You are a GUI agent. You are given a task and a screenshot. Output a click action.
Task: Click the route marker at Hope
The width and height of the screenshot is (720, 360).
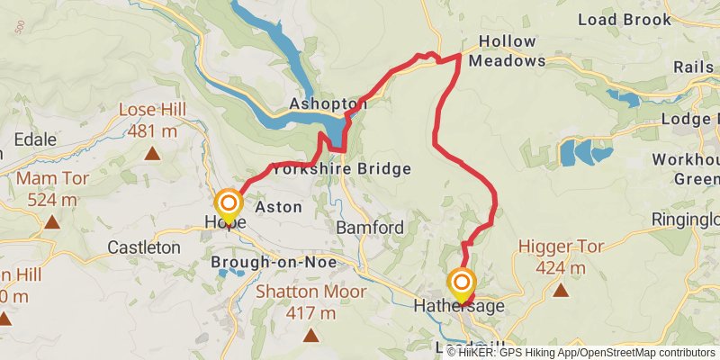pyautogui.click(x=229, y=203)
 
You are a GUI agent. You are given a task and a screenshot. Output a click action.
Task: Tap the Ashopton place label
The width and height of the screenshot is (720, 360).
pyautogui.click(x=328, y=105)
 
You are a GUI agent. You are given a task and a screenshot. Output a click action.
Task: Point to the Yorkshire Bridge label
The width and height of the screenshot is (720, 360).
pyautogui.click(x=341, y=168)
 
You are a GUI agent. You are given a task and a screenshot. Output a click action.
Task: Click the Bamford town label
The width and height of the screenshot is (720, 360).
pyautogui.click(x=370, y=228)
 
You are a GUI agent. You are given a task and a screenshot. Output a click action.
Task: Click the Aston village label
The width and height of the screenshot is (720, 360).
pyautogui.click(x=278, y=207)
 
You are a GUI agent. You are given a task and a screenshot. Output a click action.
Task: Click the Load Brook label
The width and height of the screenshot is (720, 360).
pyautogui.click(x=637, y=19)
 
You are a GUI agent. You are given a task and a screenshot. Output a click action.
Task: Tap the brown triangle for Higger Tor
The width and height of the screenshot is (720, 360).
pyautogui.click(x=561, y=290)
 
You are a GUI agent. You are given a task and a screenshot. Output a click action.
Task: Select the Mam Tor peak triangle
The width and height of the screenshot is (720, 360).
pyautogui.click(x=52, y=221)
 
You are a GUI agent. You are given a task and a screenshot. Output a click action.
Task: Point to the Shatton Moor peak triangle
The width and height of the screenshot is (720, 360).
pyautogui.click(x=311, y=336)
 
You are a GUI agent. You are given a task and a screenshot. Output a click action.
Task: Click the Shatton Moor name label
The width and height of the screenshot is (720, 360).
pyautogui.click(x=311, y=292)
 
